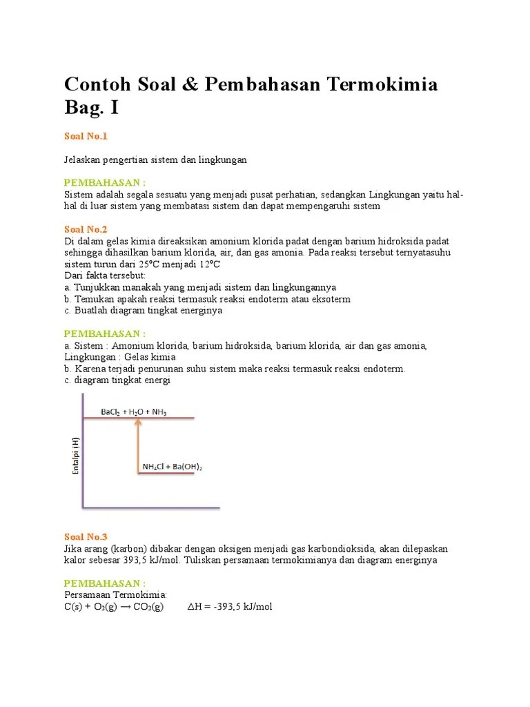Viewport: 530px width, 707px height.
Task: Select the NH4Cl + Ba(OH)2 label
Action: (172, 467)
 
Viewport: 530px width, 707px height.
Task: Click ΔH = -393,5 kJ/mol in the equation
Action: (230, 607)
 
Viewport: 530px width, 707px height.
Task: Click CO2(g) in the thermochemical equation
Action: (144, 607)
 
